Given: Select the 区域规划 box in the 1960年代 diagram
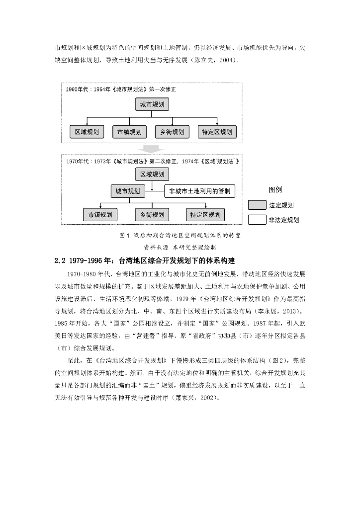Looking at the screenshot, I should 87,132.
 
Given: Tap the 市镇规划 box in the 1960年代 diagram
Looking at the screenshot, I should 130,132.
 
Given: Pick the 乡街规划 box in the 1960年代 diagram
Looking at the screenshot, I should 172,132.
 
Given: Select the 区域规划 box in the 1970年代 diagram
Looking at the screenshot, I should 152,174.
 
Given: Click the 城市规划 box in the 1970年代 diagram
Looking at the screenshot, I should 127,191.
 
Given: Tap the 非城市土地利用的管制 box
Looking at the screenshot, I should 200,191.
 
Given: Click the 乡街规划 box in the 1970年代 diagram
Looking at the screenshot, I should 152,215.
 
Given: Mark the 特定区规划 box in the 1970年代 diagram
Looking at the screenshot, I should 205,215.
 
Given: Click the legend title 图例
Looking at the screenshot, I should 275,190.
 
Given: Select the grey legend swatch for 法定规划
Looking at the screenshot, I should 257,205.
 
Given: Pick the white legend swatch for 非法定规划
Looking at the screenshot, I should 257,219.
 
